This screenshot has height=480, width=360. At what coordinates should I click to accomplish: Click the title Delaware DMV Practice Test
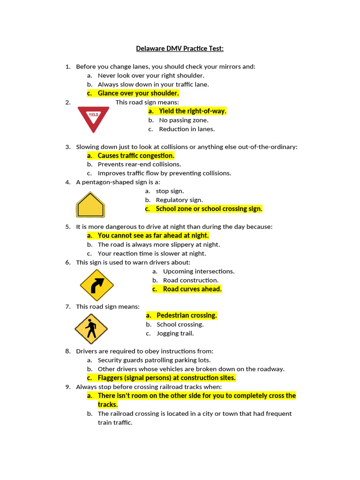point(180,48)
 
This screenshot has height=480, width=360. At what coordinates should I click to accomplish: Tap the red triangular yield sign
point(93,118)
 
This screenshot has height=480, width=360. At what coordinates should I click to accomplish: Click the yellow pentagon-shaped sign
point(90,205)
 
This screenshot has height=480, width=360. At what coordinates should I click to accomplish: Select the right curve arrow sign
point(97,285)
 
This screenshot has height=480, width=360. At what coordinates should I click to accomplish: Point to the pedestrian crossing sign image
point(91,329)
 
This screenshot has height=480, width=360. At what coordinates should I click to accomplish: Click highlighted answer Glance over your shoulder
point(138,93)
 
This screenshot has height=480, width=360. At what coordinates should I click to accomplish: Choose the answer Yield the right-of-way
point(192,111)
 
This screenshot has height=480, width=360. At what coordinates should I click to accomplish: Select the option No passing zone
point(183,120)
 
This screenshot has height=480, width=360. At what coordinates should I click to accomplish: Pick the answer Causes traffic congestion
point(136,156)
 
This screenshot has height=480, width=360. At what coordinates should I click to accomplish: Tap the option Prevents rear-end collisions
point(139,165)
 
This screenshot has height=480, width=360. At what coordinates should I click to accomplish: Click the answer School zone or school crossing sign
point(209,209)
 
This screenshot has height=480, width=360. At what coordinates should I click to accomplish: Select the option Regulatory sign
point(179,200)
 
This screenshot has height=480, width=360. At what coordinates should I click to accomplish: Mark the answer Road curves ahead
point(192,289)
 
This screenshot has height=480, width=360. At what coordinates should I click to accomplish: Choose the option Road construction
point(190,280)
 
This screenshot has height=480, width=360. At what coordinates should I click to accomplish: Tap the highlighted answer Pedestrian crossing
point(187,315)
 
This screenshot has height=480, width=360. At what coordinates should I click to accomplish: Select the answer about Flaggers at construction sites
point(166,378)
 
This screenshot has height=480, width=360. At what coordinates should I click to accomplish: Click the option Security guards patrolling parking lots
point(154,360)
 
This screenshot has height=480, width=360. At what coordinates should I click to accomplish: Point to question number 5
point(68,227)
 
